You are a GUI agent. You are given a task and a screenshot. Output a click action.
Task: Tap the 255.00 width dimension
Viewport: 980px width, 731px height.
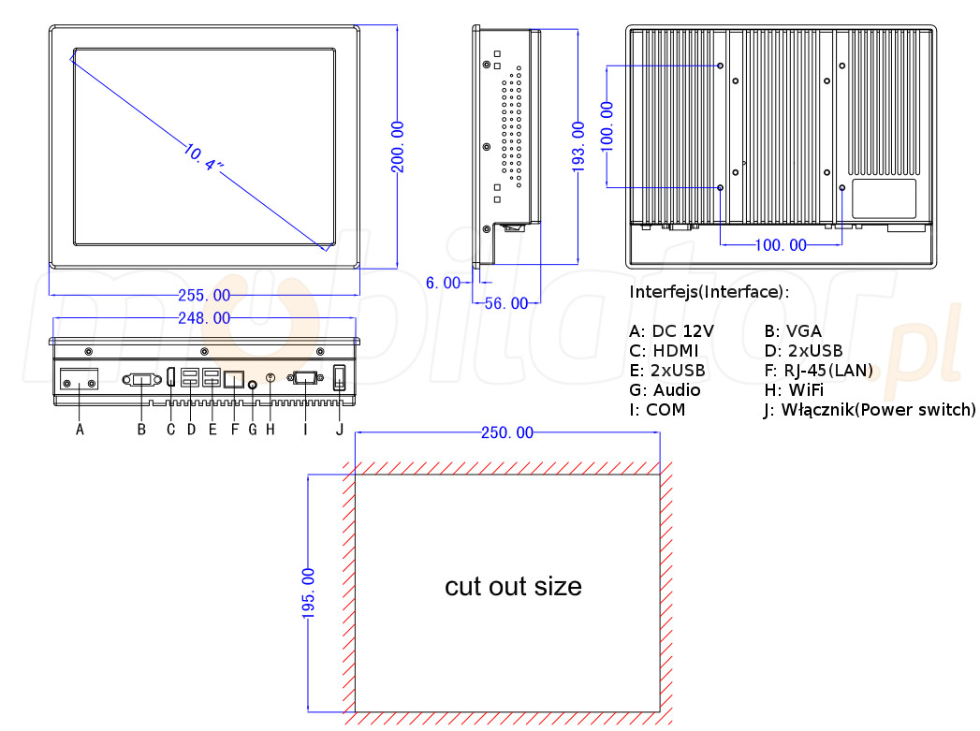point(204,296)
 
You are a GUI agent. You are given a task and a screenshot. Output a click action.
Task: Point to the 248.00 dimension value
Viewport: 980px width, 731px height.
point(204,318)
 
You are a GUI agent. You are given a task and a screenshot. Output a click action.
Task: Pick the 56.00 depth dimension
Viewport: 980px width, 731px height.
point(505,303)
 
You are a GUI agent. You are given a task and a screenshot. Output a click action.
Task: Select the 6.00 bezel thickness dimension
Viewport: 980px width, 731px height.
point(444,283)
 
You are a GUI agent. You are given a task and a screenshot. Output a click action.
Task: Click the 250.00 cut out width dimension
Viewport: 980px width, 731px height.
point(507,433)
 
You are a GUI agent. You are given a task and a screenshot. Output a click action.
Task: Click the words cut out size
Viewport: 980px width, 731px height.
point(513,587)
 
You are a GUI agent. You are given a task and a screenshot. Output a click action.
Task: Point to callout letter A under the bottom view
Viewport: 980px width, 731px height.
point(80,430)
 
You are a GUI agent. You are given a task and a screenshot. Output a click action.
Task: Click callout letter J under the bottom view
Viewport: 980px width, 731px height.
point(340,430)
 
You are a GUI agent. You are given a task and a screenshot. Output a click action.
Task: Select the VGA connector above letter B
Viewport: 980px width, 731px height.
point(141,380)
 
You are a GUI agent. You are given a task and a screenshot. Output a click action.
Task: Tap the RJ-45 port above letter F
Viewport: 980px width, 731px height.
point(234,379)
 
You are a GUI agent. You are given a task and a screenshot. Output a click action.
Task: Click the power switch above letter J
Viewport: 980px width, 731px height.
point(340,379)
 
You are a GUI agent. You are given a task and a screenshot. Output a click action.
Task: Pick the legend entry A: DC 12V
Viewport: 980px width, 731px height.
point(671,331)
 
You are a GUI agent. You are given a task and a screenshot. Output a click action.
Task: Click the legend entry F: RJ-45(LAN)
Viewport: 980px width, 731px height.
point(818,371)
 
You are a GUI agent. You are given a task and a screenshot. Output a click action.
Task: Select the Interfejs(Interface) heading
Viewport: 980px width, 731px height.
point(709,292)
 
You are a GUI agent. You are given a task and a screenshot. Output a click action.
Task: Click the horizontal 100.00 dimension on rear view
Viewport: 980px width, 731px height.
point(781,245)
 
